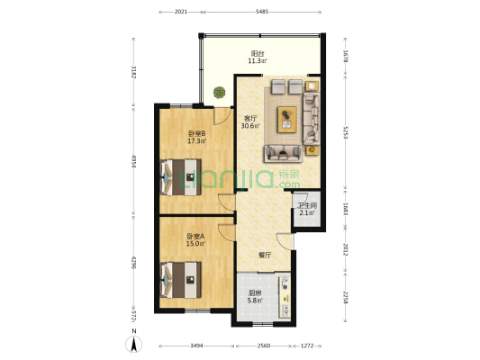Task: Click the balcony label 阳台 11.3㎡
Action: click(258, 57)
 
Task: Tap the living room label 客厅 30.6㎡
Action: click(249, 121)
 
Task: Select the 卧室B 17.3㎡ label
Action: click(196, 138)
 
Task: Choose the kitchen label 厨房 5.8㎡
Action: click(256, 296)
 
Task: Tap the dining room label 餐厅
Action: click(265, 256)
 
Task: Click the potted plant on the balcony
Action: click(219, 91)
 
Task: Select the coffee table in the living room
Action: click(288, 115)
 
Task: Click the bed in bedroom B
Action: click(184, 175)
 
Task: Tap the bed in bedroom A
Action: click(184, 276)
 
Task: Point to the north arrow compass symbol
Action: click(133, 342)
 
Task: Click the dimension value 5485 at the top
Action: click(262, 12)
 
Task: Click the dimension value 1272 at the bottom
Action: click(308, 346)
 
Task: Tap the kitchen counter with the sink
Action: click(285, 298)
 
